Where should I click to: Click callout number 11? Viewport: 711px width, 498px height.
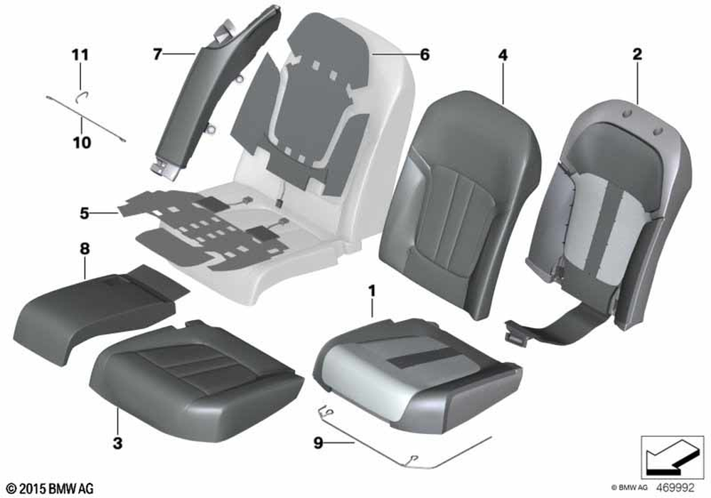(80, 55)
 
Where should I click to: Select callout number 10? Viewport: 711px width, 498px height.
(82, 143)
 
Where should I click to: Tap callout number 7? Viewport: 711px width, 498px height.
(157, 55)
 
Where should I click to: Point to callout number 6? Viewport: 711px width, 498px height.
(424, 55)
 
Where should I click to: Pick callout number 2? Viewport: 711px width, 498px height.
(637, 55)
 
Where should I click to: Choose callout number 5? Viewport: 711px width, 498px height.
(85, 213)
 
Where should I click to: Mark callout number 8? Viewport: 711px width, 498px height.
(85, 248)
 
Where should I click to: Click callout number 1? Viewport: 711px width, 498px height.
(372, 291)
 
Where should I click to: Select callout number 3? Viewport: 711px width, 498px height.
(117, 443)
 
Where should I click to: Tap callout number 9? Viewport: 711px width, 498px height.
(319, 443)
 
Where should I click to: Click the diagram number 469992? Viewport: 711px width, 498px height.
(675, 488)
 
